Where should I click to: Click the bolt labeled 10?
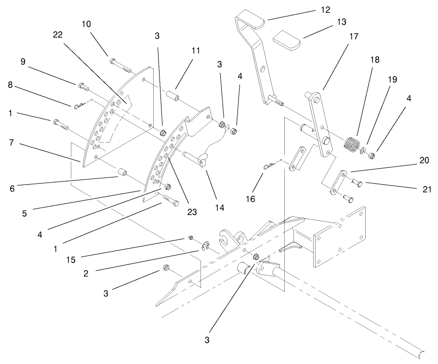pos(119,63)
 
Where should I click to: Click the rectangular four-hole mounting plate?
pos(340,237)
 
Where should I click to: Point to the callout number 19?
pos(392,80)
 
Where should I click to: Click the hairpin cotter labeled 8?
pos(80,106)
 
